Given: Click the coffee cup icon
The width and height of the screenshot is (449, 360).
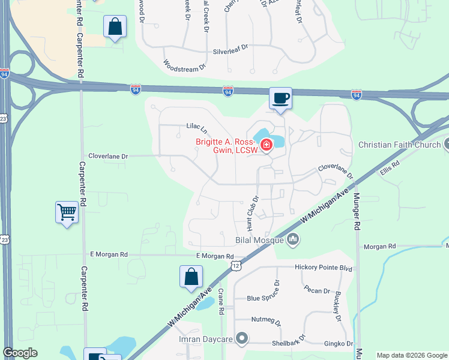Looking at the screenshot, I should pyautogui.click(x=280, y=98).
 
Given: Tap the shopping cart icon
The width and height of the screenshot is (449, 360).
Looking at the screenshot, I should pyautogui.click(x=67, y=212).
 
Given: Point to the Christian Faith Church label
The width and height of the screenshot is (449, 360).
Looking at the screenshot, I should pyautogui.click(x=399, y=145).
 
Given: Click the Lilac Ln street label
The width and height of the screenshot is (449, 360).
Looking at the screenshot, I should pyautogui.click(x=196, y=128).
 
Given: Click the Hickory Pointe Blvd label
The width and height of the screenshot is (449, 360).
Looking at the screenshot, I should pyautogui.click(x=322, y=267).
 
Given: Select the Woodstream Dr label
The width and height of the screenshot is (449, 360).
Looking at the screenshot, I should pyautogui.click(x=185, y=66).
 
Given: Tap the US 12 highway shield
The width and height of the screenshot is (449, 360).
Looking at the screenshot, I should pyautogui.click(x=237, y=266).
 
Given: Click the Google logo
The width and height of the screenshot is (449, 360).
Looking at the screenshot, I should pyautogui.click(x=20, y=353).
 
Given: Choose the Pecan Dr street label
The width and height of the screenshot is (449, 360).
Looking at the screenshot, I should pyautogui.click(x=318, y=291).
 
